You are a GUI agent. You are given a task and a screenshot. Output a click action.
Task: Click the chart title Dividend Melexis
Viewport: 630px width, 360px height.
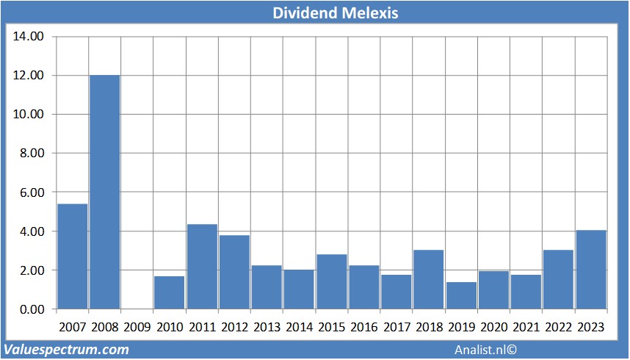coord(314,13)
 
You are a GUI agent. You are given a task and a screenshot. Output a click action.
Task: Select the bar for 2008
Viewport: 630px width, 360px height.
coord(105,191)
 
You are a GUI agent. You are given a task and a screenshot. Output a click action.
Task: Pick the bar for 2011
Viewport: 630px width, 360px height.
coord(202,266)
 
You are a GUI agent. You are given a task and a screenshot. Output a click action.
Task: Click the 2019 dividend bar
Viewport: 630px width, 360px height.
coord(461,295)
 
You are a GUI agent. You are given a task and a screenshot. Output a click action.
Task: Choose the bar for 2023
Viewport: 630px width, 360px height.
coord(591,269)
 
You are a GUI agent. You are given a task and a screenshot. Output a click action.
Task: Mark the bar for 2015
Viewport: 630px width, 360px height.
coord(332,281)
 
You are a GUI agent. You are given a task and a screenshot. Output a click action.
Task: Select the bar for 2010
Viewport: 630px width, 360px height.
coord(170,292)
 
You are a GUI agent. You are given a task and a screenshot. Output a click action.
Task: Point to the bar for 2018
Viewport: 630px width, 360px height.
coord(429,279)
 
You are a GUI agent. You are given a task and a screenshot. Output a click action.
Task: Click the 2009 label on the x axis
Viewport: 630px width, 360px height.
coord(137,326)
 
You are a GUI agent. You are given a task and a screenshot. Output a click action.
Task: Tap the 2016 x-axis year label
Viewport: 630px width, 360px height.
coord(364,326)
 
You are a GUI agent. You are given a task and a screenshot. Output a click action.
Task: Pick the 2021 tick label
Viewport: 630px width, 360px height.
coord(526,326)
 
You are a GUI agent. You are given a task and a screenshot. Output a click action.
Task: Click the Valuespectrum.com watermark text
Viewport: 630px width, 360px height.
coord(66,350)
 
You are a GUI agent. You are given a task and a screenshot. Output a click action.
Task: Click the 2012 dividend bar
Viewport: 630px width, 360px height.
coord(234,272)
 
